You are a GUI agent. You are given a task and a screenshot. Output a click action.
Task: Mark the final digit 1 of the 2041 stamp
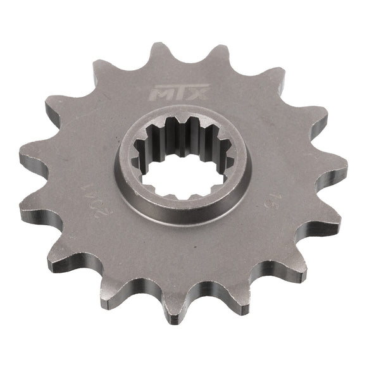(x=84, y=188)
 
